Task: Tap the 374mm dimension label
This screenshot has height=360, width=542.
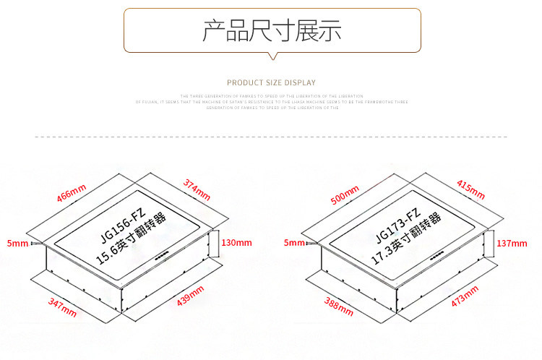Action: pyautogui.click(x=196, y=189)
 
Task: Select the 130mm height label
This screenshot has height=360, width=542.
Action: pyautogui.click(x=236, y=242)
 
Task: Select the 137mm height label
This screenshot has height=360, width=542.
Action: pyautogui.click(x=512, y=243)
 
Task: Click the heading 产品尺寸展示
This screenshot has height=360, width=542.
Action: pyautogui.click(x=272, y=30)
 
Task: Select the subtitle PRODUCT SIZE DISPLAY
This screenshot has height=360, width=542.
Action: pyautogui.click(x=271, y=82)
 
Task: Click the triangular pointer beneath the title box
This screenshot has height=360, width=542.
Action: pyautogui.click(x=272, y=57)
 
